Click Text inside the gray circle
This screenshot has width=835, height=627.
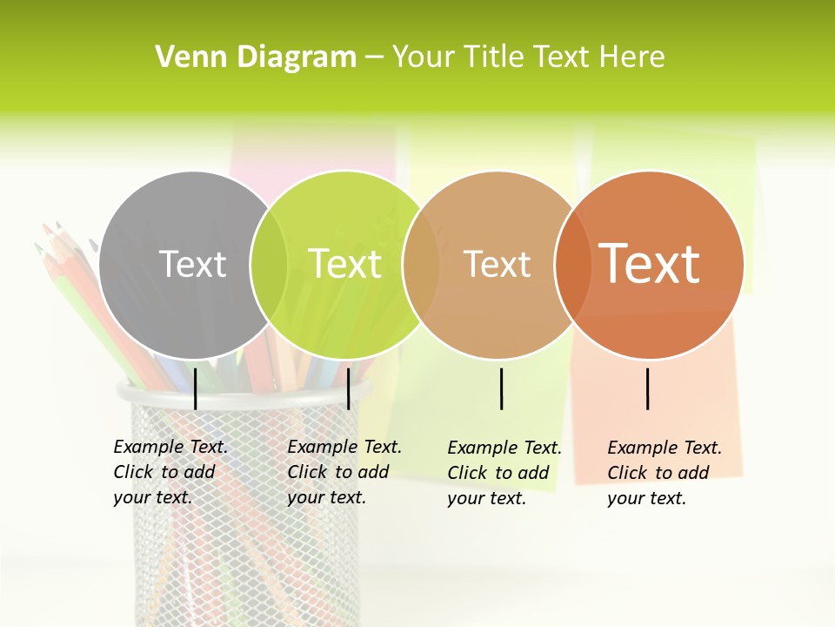pyautogui.click(x=192, y=264)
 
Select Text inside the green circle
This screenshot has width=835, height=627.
pyautogui.click(x=345, y=264)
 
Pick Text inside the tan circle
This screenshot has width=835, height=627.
pyautogui.click(x=497, y=264)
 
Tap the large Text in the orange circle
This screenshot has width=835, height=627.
pyautogui.click(x=650, y=263)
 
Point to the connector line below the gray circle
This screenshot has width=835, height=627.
pyautogui.click(x=195, y=388)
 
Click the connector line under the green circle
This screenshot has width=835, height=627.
pyautogui.click(x=348, y=388)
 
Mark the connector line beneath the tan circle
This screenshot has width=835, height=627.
pyautogui.click(x=501, y=388)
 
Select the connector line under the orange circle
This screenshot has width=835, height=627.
pyautogui.click(x=647, y=388)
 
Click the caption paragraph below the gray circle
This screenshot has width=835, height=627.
pyautogui.click(x=170, y=472)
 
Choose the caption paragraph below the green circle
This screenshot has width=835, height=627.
pyautogui.click(x=344, y=472)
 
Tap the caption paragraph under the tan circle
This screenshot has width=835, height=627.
pyautogui.click(x=504, y=473)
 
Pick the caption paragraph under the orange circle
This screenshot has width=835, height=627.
pyautogui.click(x=664, y=473)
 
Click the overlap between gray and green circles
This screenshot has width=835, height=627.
pyautogui.click(x=269, y=265)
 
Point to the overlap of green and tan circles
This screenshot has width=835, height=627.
pyautogui.click(x=421, y=265)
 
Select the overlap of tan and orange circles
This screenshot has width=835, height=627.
pyautogui.click(x=571, y=265)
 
